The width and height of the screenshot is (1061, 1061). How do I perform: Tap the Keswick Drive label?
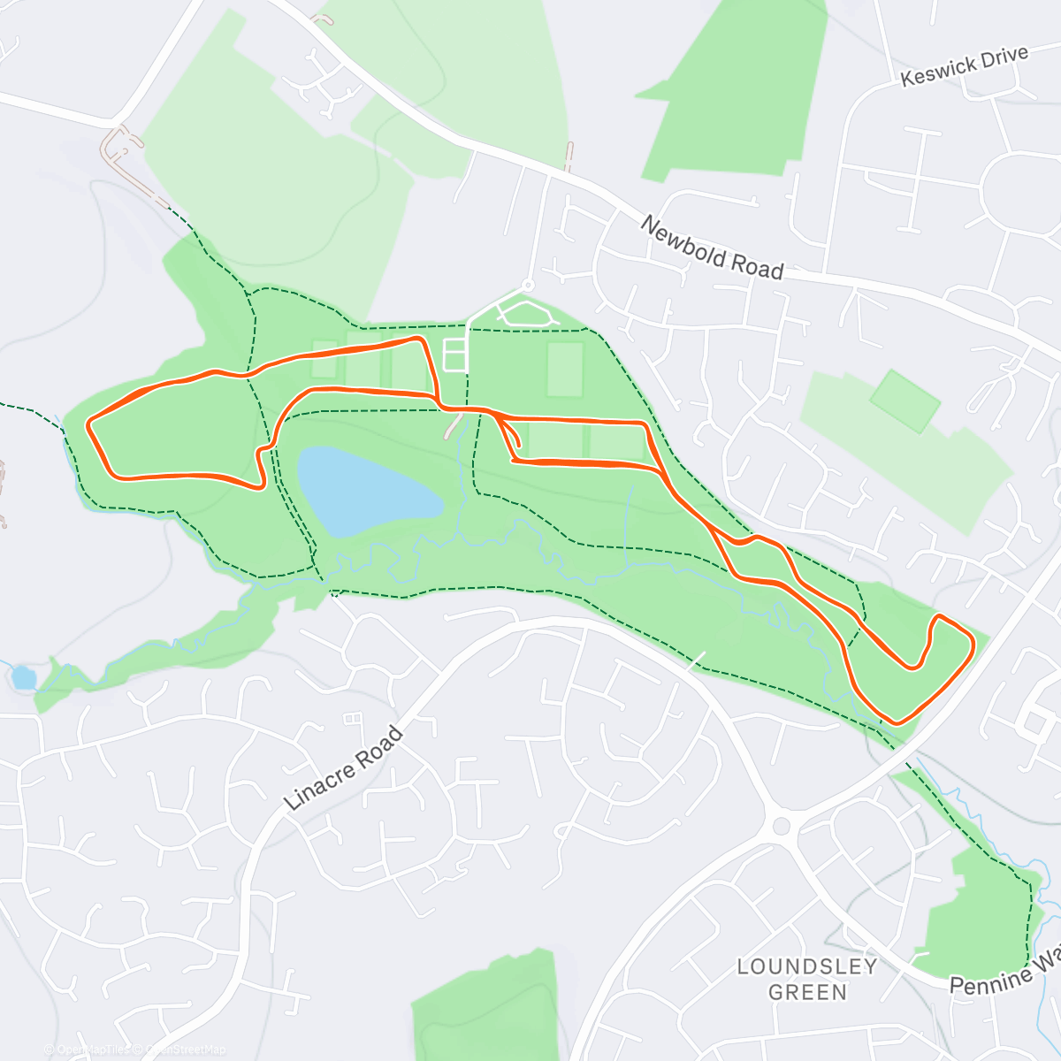click(x=964, y=66)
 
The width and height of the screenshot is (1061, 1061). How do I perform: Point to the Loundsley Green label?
click(x=807, y=979)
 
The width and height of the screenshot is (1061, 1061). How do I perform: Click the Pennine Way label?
click(x=1004, y=972)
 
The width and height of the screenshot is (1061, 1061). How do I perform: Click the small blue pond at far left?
click(x=23, y=678)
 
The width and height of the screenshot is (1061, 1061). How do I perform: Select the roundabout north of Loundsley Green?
click(x=781, y=826)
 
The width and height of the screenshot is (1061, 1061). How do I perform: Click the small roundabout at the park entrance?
click(x=528, y=286)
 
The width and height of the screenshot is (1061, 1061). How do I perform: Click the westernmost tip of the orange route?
click(x=88, y=425)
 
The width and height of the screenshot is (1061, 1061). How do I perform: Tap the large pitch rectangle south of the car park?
click(x=565, y=370)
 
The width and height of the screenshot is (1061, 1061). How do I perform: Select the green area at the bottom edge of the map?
click(x=486, y=1008)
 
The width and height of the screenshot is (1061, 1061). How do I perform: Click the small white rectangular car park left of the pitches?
click(x=454, y=355)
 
